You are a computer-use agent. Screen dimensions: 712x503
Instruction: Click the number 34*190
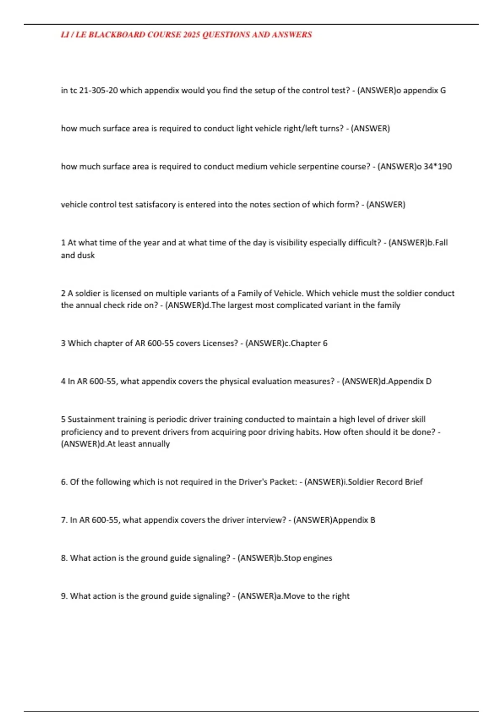(438, 167)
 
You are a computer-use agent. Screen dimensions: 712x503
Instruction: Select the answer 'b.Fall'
(437, 243)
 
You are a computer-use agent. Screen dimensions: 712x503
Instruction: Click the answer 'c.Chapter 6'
(306, 343)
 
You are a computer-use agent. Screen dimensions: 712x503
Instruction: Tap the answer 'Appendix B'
(354, 520)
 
